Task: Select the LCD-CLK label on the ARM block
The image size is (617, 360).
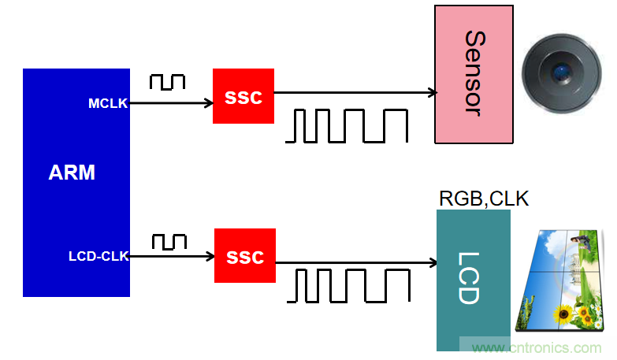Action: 98,256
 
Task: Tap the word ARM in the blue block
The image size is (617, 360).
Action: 72,173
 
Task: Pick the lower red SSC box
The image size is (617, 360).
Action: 244,256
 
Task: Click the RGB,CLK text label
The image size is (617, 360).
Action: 484,199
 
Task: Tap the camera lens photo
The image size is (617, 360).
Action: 560,75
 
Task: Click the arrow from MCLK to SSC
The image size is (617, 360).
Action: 170,102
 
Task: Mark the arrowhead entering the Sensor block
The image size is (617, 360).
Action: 432,93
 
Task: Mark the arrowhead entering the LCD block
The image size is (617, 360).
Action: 433,262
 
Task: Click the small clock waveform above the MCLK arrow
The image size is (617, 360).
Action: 167,81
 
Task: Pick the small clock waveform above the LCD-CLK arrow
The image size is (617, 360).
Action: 169,242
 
